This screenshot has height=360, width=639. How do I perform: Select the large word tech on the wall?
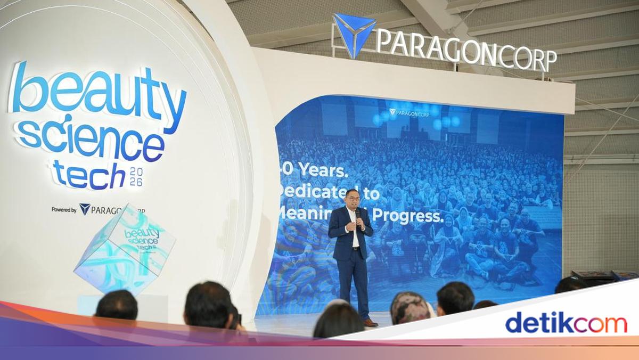pyautogui.click(x=88, y=175)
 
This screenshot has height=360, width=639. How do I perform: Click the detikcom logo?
pyautogui.click(x=566, y=323)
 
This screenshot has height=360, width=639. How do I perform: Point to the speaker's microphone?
pyautogui.click(x=358, y=215)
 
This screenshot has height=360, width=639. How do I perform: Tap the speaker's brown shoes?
pyautogui.click(x=370, y=322)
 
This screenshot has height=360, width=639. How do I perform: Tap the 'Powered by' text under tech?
pyautogui.click(x=64, y=210)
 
